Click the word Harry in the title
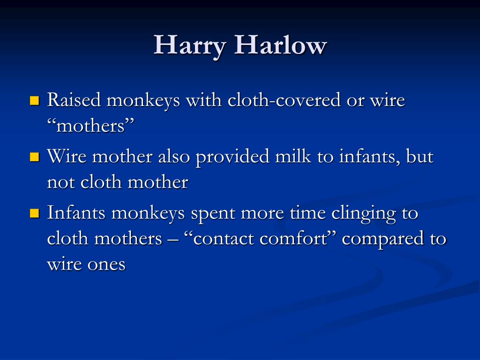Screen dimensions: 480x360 [190, 46]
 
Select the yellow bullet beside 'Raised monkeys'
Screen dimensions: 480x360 [35, 101]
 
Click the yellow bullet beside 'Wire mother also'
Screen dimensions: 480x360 [35, 157]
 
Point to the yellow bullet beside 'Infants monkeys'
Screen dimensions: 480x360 [35, 213]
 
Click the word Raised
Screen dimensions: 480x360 [74, 100]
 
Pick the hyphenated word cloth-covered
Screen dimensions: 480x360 [284, 100]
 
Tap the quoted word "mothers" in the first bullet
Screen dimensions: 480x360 [91, 126]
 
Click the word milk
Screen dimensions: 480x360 [293, 156]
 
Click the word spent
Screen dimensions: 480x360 [213, 214]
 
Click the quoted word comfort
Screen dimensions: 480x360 [293, 238]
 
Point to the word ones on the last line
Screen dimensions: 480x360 [106, 265]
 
